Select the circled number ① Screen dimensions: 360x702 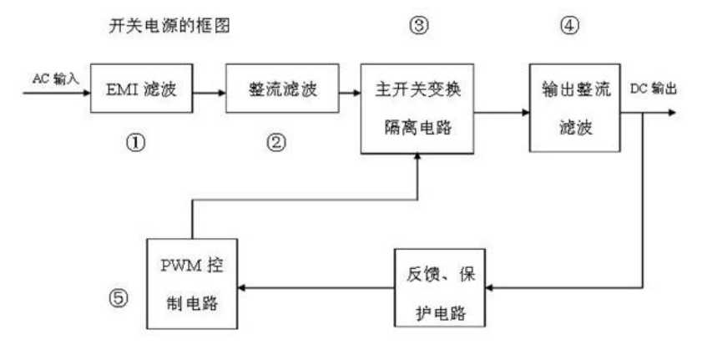pyautogui.click(x=136, y=141)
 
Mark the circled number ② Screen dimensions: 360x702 pyautogui.click(x=276, y=141)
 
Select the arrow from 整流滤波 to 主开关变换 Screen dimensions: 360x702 pyautogui.click(x=343, y=89)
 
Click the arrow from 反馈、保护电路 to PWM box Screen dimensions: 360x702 pyautogui.click(x=317, y=286)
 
